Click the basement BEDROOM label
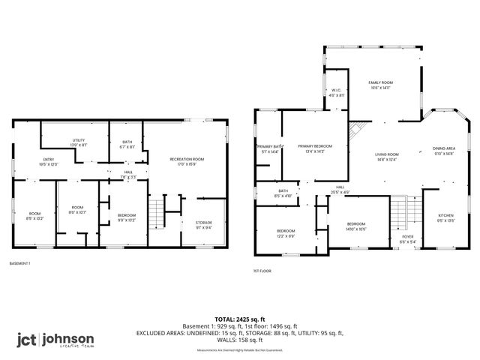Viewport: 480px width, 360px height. click(126, 217)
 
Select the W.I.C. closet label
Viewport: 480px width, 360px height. click(336, 93)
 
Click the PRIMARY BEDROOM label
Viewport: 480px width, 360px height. click(315, 148)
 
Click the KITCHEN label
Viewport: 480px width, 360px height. click(446, 218)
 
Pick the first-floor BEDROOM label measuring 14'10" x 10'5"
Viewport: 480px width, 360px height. click(356, 226)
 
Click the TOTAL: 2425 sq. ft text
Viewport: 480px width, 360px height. click(239, 319)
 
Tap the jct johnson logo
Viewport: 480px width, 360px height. click(56, 340)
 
